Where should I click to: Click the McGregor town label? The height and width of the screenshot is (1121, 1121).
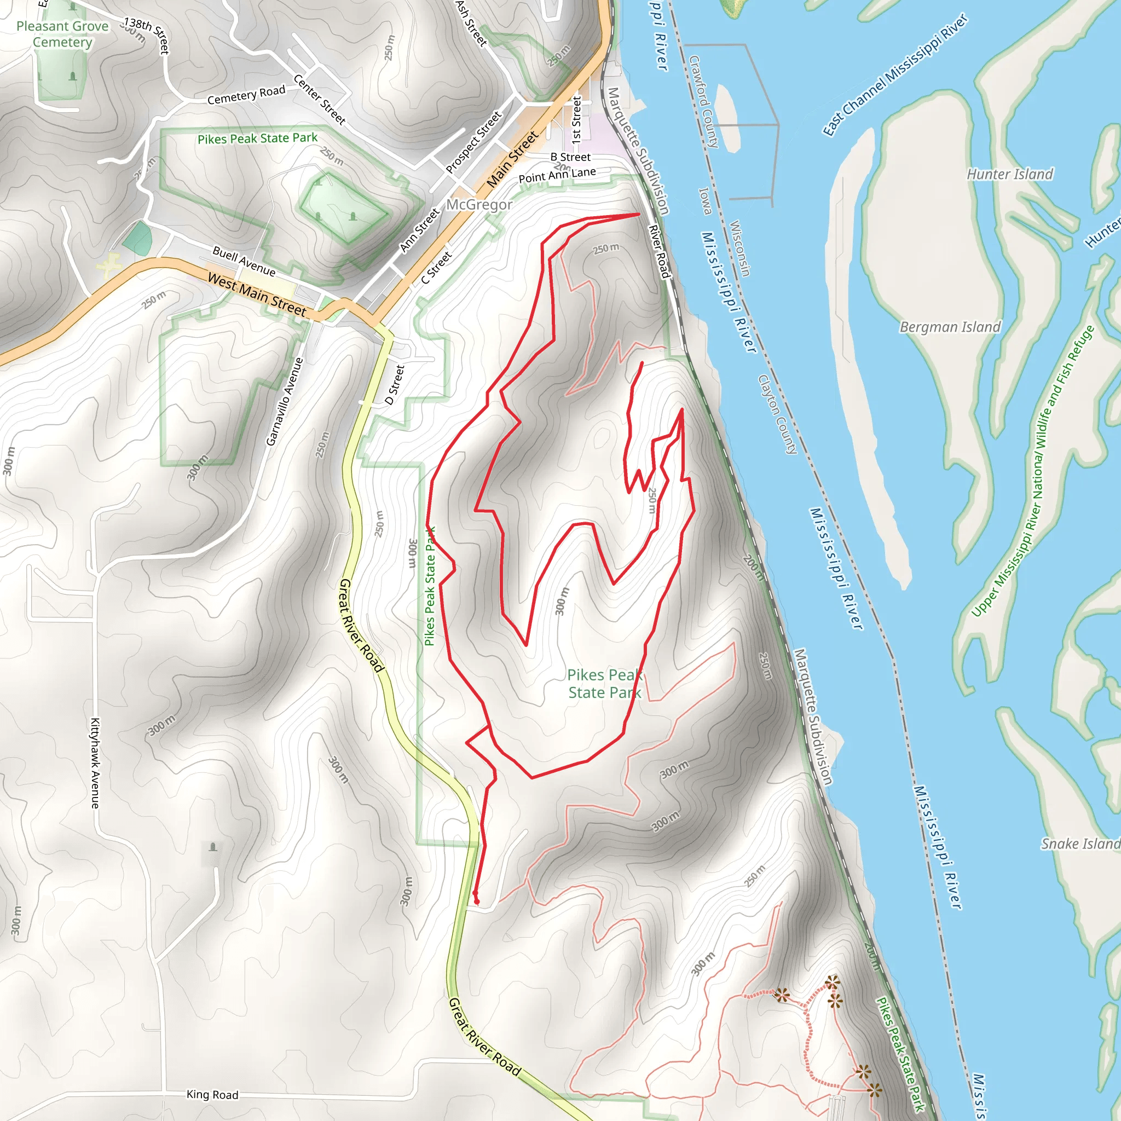click(479, 205)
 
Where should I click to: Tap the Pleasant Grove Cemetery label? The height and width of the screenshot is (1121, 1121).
click(62, 34)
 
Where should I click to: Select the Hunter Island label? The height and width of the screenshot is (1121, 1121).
click(1009, 174)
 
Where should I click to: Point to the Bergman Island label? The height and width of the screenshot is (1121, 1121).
click(950, 327)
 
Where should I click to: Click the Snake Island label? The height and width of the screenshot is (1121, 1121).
click(1080, 843)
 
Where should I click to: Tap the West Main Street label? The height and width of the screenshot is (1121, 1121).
click(257, 295)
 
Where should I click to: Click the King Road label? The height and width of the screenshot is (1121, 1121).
click(212, 1095)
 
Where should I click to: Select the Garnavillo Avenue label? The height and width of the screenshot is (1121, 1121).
click(285, 402)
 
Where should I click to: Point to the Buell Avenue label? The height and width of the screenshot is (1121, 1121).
click(244, 261)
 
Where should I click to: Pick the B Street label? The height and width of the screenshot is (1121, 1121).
click(570, 157)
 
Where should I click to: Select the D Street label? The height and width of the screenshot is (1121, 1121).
click(395, 384)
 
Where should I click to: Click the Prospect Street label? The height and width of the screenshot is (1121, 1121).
click(473, 143)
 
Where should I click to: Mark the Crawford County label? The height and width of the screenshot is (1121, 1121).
click(704, 102)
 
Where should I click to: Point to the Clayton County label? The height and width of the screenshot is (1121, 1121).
click(777, 414)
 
